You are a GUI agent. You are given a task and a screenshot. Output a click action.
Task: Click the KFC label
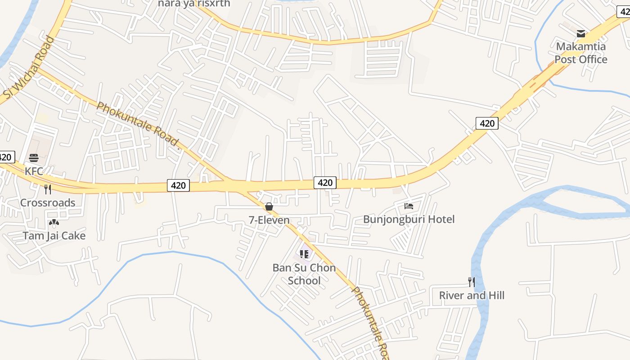coord(34,171)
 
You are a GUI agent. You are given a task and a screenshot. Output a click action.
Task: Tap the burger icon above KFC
coord(34,158)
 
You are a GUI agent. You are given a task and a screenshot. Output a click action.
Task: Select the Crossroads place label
coord(48,202)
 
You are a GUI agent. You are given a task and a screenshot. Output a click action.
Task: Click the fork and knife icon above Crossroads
coord(48,189)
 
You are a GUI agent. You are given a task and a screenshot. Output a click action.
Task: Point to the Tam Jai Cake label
coord(54,235)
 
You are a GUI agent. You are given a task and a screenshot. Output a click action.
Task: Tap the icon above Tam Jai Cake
coord(54,222)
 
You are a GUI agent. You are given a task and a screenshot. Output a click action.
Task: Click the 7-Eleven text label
coord(269,220)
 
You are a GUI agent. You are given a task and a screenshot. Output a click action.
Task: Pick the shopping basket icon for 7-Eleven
coord(269,207)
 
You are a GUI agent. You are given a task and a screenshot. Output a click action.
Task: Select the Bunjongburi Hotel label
coord(409,219)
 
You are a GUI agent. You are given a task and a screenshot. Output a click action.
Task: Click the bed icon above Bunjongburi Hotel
coord(409,206)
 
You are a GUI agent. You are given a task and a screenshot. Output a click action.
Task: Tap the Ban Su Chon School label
coord(304,274)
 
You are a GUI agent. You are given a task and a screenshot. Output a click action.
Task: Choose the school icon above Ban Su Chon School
coord(304,254)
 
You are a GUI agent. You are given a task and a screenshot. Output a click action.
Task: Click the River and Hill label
coord(472,295)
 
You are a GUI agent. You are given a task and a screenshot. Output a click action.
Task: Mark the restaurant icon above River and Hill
coord(472,282)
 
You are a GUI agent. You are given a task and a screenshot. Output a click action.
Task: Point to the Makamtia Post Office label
coord(580,53)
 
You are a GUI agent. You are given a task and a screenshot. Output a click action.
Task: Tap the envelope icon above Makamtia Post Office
coord(581,33)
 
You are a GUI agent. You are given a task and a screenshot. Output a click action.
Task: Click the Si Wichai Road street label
coord(29,68)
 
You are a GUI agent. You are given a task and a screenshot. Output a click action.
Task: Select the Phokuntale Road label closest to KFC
coord(138,126)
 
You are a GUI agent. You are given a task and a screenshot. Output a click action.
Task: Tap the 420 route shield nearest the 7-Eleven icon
coord(325,182)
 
